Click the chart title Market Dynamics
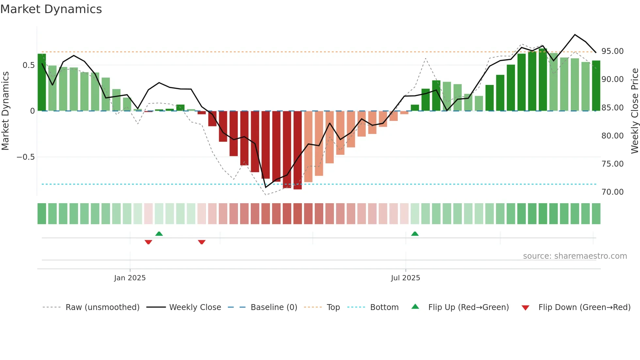[51, 9]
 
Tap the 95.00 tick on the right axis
[612, 51]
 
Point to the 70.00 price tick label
[612, 192]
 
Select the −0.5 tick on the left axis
[25, 157]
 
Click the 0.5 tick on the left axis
[28, 65]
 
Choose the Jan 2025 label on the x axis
[130, 278]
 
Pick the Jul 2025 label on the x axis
[405, 278]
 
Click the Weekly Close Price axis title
[634, 111]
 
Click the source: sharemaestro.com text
[575, 256]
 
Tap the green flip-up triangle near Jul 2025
[415, 234]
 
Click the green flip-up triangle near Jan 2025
[159, 234]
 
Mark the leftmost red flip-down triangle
[148, 242]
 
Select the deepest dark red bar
[297, 150]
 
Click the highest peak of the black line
[575, 35]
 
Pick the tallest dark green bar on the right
[543, 80]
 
